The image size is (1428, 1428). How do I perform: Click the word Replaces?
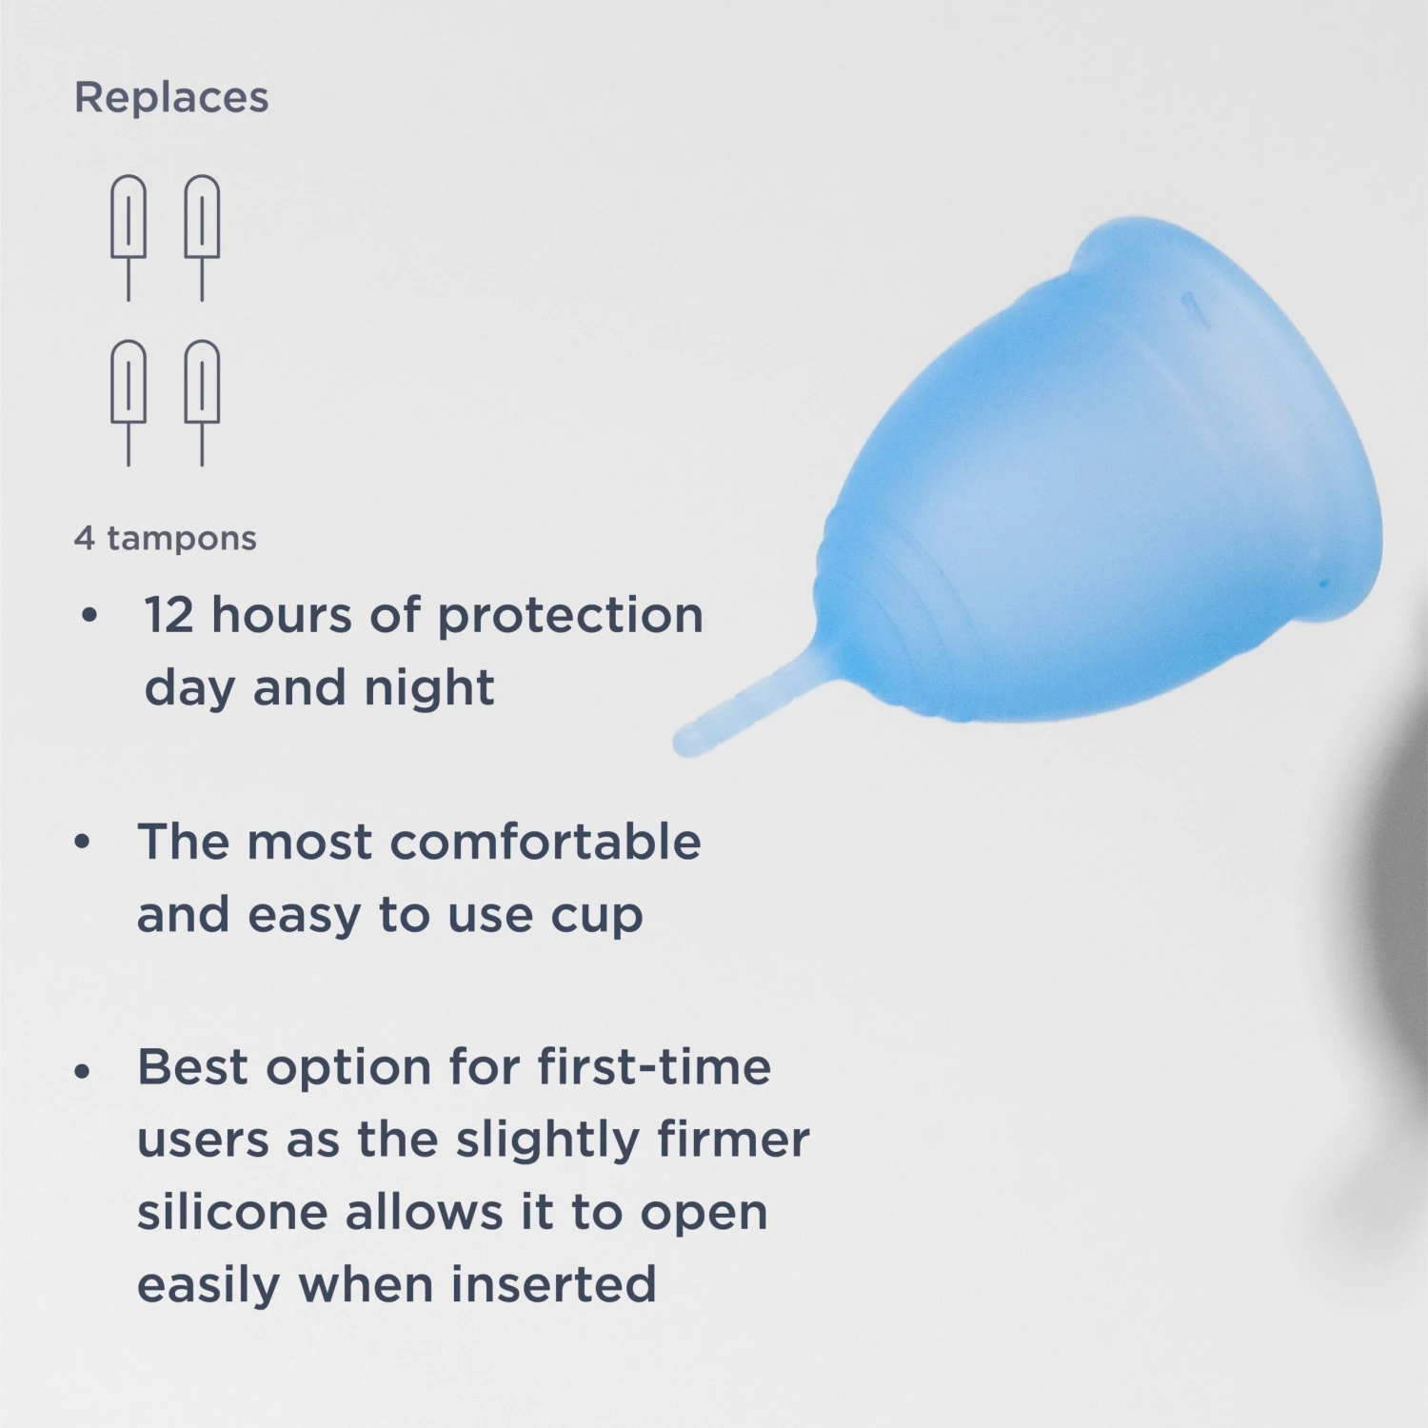pos(171,98)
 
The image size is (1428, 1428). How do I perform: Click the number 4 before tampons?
pos(85,539)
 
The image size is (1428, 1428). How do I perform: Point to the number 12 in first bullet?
pos(169,616)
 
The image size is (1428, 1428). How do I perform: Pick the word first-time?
pos(654,1067)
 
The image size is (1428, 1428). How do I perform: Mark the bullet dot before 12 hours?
pos(89,616)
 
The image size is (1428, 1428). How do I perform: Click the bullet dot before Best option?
pos(83,1071)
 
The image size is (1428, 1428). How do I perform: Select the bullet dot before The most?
pos(83,843)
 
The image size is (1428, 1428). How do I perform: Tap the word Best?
pos(192,1067)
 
